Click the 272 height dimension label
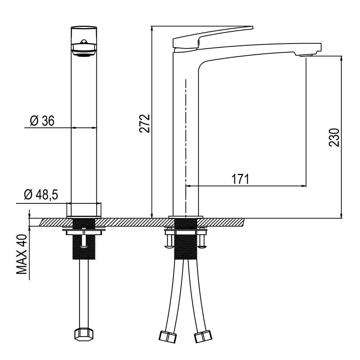coord(145,123)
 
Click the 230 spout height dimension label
coord(334,137)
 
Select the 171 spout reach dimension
coord(240,179)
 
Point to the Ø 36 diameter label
coord(42,121)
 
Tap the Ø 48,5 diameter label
coord(41,195)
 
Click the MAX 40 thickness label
coord(22,255)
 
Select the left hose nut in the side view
coord(168,337)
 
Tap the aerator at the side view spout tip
coord(306,55)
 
